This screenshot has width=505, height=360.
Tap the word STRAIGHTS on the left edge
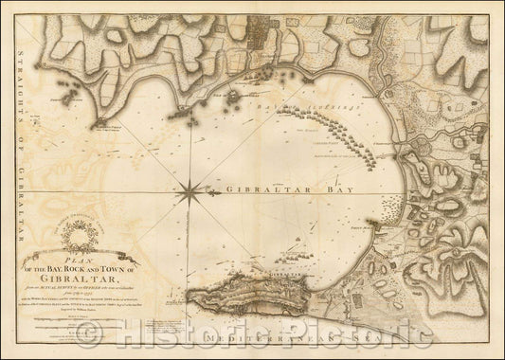(x=16, y=81)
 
